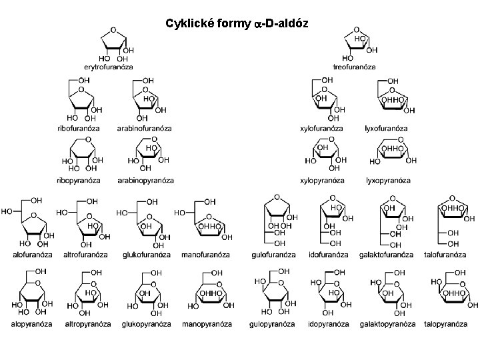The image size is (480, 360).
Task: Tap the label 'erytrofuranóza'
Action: [108, 67]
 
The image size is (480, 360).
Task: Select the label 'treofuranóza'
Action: [355, 67]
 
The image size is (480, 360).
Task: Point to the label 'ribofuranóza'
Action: [78, 128]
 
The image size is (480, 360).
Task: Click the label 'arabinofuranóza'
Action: [145, 128]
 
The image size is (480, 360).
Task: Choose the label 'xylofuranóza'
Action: [321, 128]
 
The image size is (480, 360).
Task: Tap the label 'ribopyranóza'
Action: [79, 180]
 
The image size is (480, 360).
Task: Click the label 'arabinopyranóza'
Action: [145, 180]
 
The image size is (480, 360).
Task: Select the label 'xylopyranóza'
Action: [322, 180]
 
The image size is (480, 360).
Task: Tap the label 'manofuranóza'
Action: [207, 255]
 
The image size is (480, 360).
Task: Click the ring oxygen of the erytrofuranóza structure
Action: [114, 30]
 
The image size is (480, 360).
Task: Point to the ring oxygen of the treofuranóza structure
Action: [357, 30]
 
